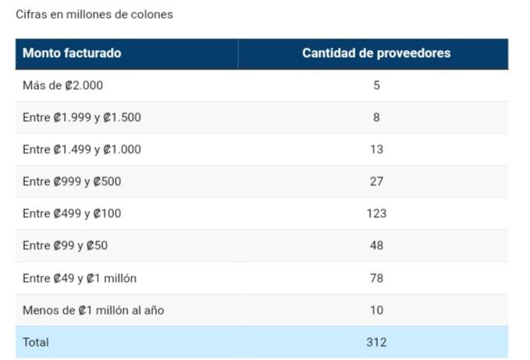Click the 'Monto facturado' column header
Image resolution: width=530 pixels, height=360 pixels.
coord(72,53)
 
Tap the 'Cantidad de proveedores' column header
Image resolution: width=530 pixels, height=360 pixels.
coord(376,53)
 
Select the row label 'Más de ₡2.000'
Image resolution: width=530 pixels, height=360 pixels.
coord(62,85)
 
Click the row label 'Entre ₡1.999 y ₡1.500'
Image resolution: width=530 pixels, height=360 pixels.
coord(82,117)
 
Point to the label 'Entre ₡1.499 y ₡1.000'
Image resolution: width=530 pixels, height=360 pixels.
coord(82,149)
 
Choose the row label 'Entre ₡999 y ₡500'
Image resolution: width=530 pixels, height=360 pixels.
coord(72,181)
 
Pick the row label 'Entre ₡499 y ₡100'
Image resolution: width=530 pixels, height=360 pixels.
coord(72,213)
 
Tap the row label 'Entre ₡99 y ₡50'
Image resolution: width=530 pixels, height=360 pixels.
coord(66,245)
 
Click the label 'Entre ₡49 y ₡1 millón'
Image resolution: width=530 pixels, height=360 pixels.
coord(80,278)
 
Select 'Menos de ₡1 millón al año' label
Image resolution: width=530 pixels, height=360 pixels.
coord(93,310)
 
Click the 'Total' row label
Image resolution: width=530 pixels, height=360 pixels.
coord(36,342)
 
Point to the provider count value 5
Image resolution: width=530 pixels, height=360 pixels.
coord(376,85)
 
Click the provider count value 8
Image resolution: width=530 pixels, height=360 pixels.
coord(376,117)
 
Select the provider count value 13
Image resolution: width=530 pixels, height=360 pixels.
coord(376,149)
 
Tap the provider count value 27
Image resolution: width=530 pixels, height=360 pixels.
coord(376,181)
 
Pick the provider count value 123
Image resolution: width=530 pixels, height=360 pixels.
coord(376,213)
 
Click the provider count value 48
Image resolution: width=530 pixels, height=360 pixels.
coord(376,245)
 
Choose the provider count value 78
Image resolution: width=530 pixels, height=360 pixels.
coord(376,278)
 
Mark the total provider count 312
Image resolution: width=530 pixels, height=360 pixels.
coord(376,342)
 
